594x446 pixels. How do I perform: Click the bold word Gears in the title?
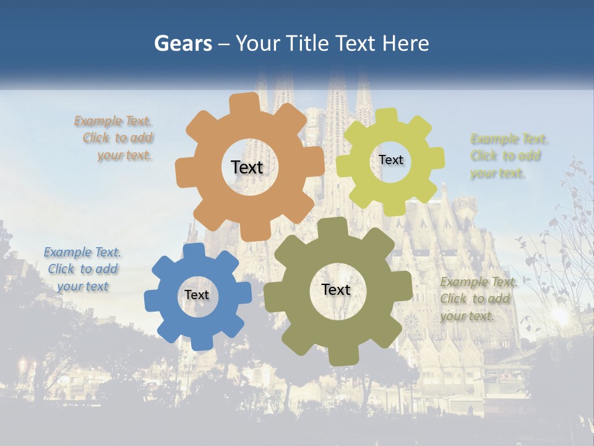point(183,43)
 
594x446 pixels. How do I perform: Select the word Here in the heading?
point(405,43)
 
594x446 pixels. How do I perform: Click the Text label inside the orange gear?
point(247,167)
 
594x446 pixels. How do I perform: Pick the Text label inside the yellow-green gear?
point(390,160)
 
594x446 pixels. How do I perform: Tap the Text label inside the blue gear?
point(197,295)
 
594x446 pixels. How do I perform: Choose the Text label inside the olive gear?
point(336,289)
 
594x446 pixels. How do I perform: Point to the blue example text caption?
point(82,269)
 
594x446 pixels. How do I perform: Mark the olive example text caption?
point(478,299)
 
